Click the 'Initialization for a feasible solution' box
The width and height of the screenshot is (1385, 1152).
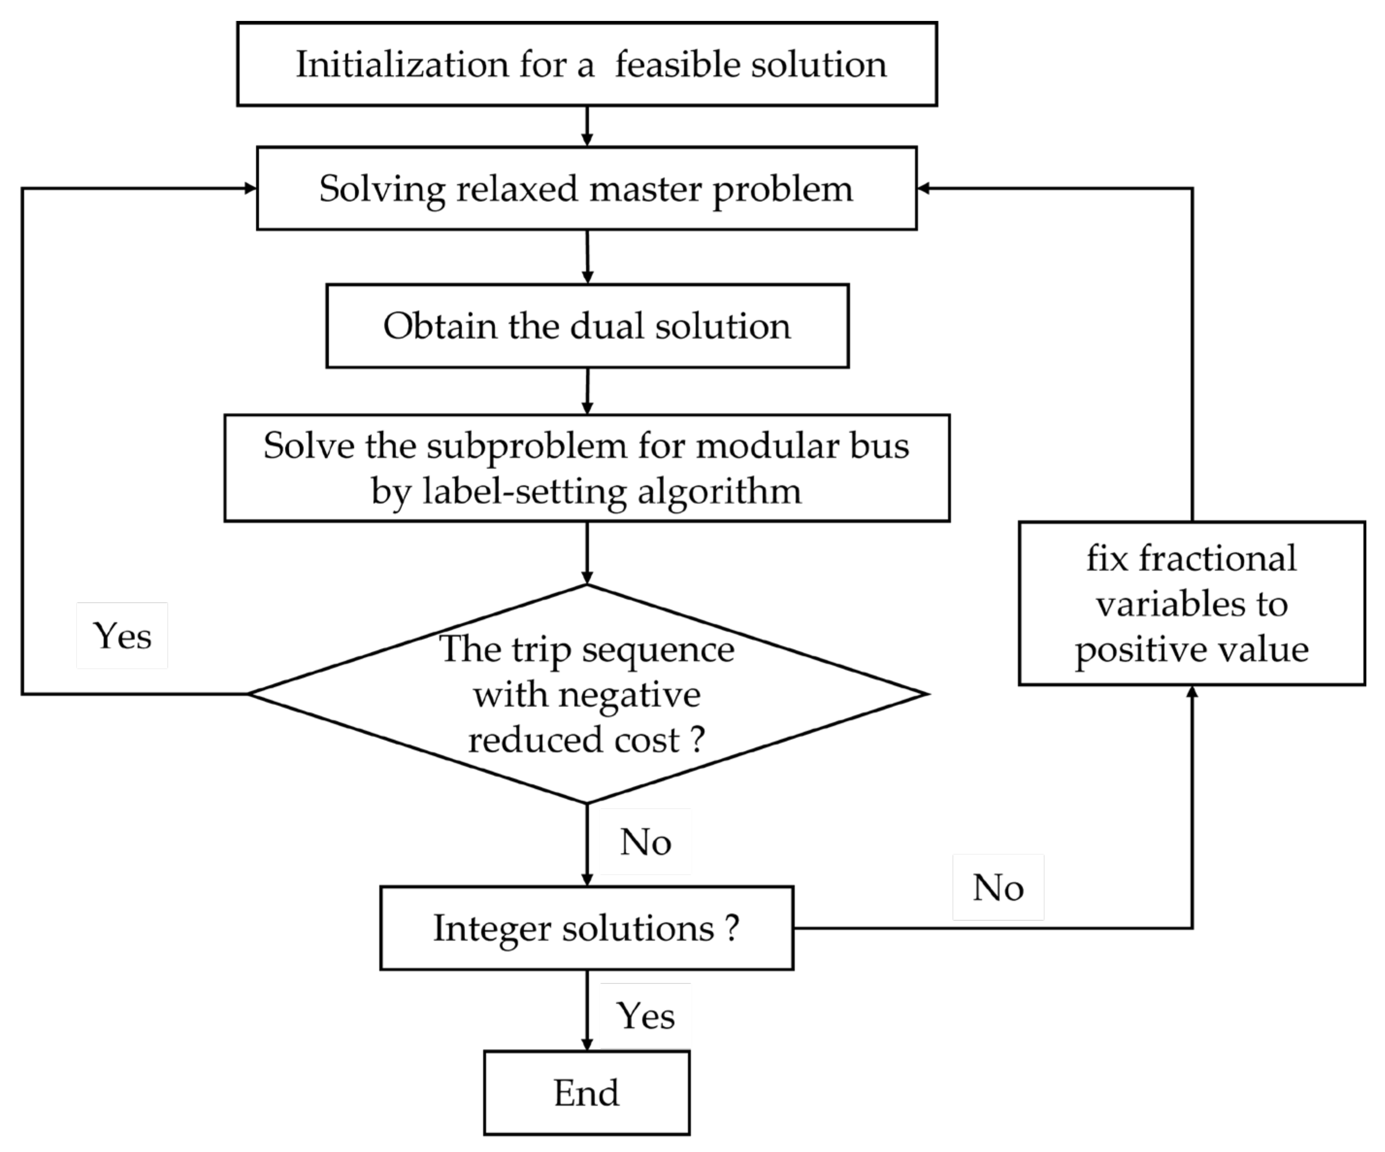pyautogui.click(x=587, y=64)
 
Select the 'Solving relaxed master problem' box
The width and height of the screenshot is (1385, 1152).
pyautogui.click(x=586, y=189)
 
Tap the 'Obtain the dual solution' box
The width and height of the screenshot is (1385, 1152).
pyautogui.click(x=587, y=326)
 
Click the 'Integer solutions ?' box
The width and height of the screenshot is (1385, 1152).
pyautogui.click(x=586, y=928)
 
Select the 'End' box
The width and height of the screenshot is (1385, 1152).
pyautogui.click(x=586, y=1093)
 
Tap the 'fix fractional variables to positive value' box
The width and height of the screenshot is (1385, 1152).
pyautogui.click(x=1192, y=604)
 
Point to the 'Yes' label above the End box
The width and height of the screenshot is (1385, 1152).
pyautogui.click(x=646, y=1016)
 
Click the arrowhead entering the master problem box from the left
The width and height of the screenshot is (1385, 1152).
pyautogui.click(x=250, y=189)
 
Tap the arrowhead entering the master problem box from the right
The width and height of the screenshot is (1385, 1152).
pyautogui.click(x=924, y=189)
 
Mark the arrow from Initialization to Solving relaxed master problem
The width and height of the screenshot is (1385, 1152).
pyautogui.click(x=587, y=126)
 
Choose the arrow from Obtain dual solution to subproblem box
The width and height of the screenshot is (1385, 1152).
pyautogui.click(x=587, y=390)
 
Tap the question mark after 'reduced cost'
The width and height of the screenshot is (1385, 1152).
pyautogui.click(x=698, y=740)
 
